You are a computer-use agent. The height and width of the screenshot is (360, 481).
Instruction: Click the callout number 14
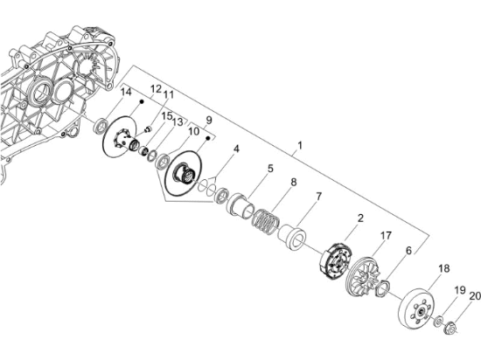(x=126, y=92)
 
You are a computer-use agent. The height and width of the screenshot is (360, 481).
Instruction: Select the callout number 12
(x=156, y=89)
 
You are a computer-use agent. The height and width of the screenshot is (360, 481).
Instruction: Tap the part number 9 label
(x=209, y=120)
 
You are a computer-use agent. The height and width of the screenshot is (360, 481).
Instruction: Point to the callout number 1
(x=300, y=145)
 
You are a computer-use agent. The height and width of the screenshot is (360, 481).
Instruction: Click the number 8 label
(x=294, y=182)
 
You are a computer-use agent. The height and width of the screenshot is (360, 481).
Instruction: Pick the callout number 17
(x=387, y=235)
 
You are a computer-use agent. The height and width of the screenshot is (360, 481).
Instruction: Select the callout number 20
(x=475, y=296)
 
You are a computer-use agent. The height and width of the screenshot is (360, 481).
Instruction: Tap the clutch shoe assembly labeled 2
(x=336, y=260)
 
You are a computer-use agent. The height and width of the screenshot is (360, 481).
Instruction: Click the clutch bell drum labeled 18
(x=418, y=309)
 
